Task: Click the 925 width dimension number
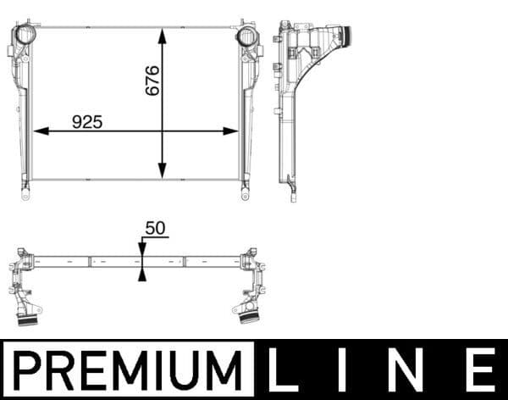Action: (86, 122)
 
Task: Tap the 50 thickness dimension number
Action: (156, 229)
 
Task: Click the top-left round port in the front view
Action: (24, 36)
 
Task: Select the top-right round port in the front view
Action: (246, 36)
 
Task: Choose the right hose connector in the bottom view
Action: (248, 317)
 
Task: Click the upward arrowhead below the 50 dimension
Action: (142, 272)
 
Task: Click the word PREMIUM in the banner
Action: (128, 370)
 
